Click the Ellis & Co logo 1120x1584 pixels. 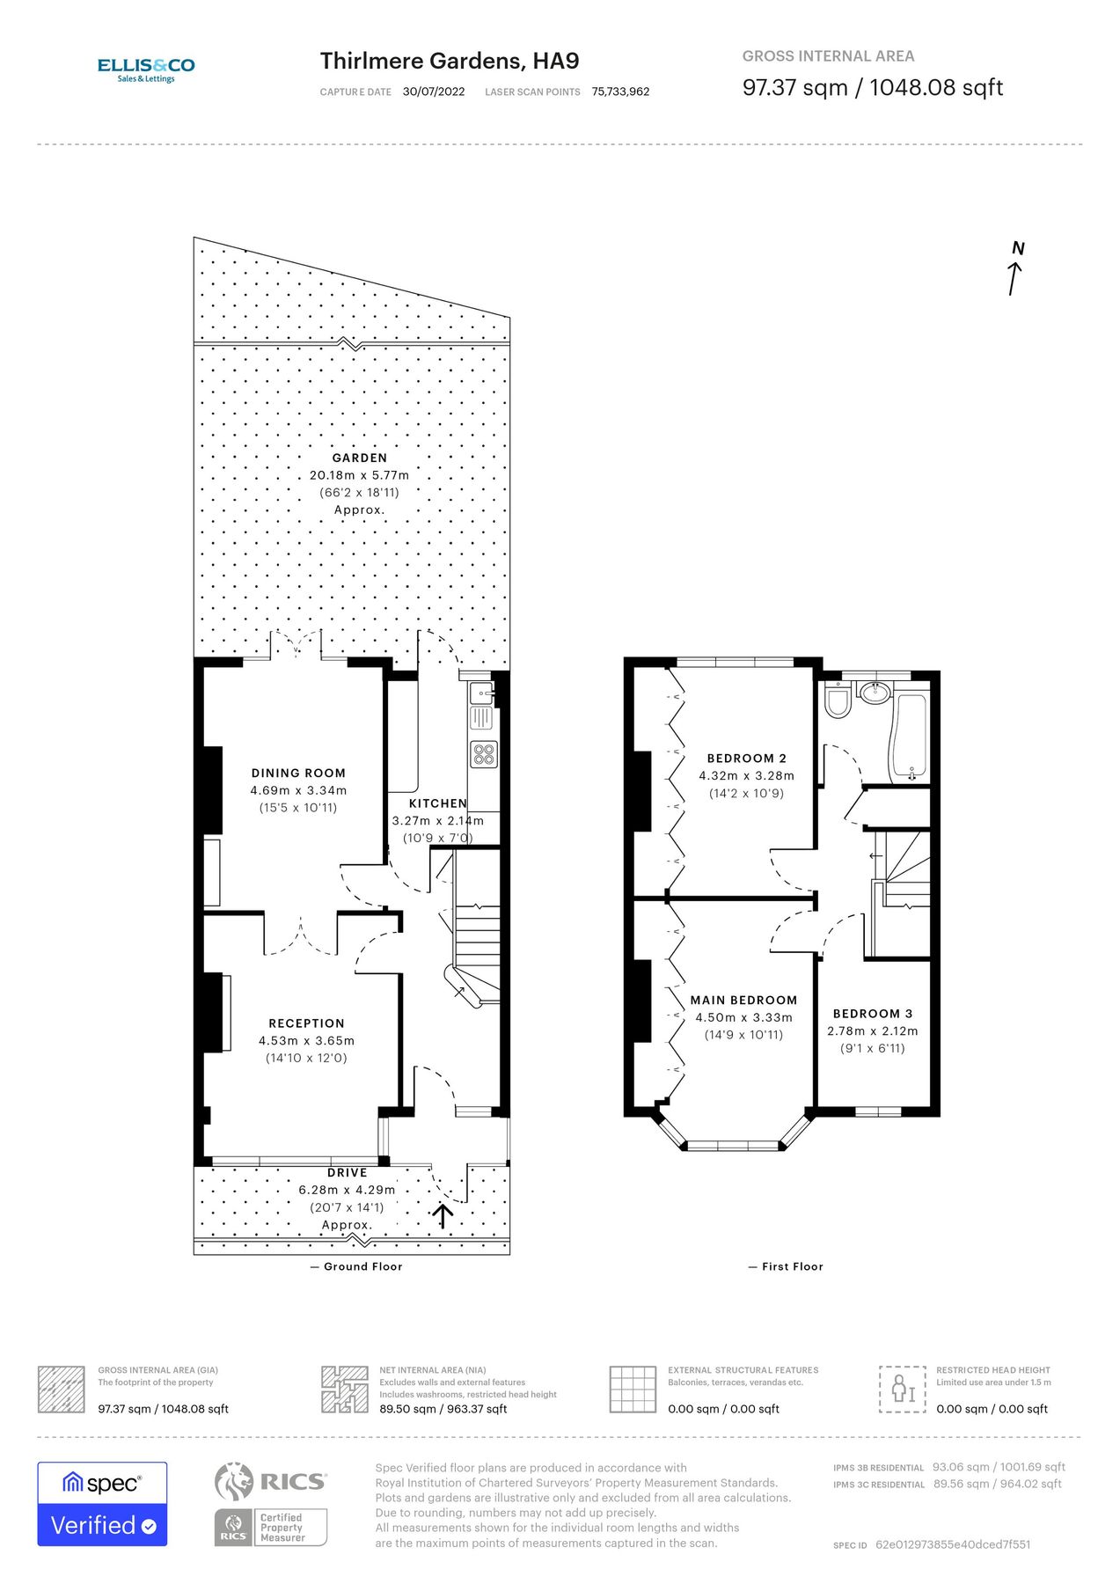coord(146,69)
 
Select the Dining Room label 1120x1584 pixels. coord(298,773)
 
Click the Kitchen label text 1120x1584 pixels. coord(437,803)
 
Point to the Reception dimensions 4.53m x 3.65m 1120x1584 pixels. coord(306,1040)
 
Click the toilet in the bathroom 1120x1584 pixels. coord(838,700)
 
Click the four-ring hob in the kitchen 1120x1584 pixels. coord(484,754)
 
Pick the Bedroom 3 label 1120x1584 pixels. coord(872,1014)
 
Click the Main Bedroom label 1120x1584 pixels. coord(743,1000)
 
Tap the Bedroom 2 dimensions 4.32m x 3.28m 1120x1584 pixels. coord(746,775)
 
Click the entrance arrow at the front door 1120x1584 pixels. coord(442,1216)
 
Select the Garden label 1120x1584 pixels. coord(359,458)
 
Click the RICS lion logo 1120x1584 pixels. coord(234,1481)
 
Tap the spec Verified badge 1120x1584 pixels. coord(102,1504)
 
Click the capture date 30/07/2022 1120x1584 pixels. coord(434,92)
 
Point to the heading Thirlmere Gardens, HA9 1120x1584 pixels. coord(450,61)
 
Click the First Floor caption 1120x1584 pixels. coord(792,1266)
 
